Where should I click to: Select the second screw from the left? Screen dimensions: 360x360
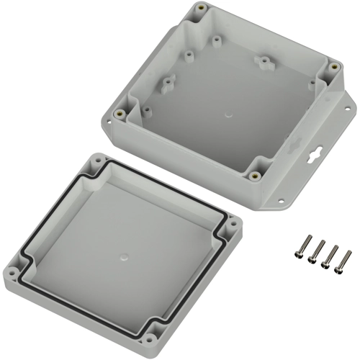click(315, 252)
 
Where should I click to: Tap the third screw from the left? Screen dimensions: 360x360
click(330, 256)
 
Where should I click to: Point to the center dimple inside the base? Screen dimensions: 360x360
click(228, 113)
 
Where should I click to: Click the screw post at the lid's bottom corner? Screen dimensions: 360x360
click(152, 336)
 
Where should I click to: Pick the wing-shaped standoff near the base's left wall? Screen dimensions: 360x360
click(166, 86)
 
